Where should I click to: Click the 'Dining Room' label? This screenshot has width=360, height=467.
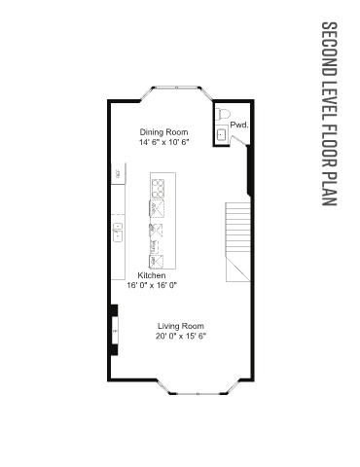click(163, 132)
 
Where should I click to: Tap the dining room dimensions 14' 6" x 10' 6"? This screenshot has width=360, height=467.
click(163, 142)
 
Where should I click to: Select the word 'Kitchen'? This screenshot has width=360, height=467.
click(152, 275)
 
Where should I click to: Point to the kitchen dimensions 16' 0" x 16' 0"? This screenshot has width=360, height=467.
click(153, 285)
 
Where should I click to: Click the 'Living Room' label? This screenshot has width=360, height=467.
click(181, 326)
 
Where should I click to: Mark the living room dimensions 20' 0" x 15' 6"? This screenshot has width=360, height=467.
click(181, 336)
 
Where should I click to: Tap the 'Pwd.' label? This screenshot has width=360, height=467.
click(239, 125)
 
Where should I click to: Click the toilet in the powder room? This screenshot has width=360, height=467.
click(223, 114)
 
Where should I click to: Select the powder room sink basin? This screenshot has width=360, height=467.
click(222, 134)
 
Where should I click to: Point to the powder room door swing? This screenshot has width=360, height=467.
click(238, 140)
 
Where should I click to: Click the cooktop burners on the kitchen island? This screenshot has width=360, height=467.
click(158, 189)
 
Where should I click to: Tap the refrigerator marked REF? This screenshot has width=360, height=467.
click(118, 174)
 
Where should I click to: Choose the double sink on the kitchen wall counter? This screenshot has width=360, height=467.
click(118, 232)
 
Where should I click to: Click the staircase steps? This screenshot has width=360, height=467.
click(238, 242)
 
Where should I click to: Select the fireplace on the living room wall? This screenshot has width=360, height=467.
click(114, 330)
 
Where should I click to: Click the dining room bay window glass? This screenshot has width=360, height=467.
click(175, 87)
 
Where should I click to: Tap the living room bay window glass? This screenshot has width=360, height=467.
click(198, 394)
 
